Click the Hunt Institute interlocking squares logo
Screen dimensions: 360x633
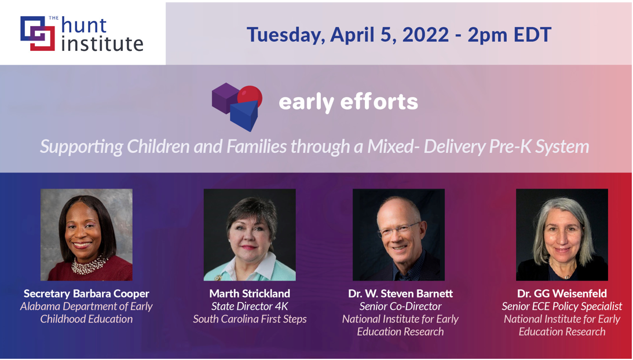(38, 33)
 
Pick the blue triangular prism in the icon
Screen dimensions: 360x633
(244, 116)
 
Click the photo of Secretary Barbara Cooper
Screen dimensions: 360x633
(86, 234)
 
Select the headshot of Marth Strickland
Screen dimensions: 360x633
(250, 234)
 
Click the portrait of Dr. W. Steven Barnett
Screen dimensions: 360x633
(398, 234)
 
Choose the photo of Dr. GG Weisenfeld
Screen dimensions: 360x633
(562, 234)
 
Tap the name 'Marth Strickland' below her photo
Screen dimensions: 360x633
(250, 293)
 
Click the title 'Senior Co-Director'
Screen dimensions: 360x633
(400, 306)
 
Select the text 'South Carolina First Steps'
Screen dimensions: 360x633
(250, 319)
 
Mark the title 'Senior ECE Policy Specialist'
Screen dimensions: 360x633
(562, 306)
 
